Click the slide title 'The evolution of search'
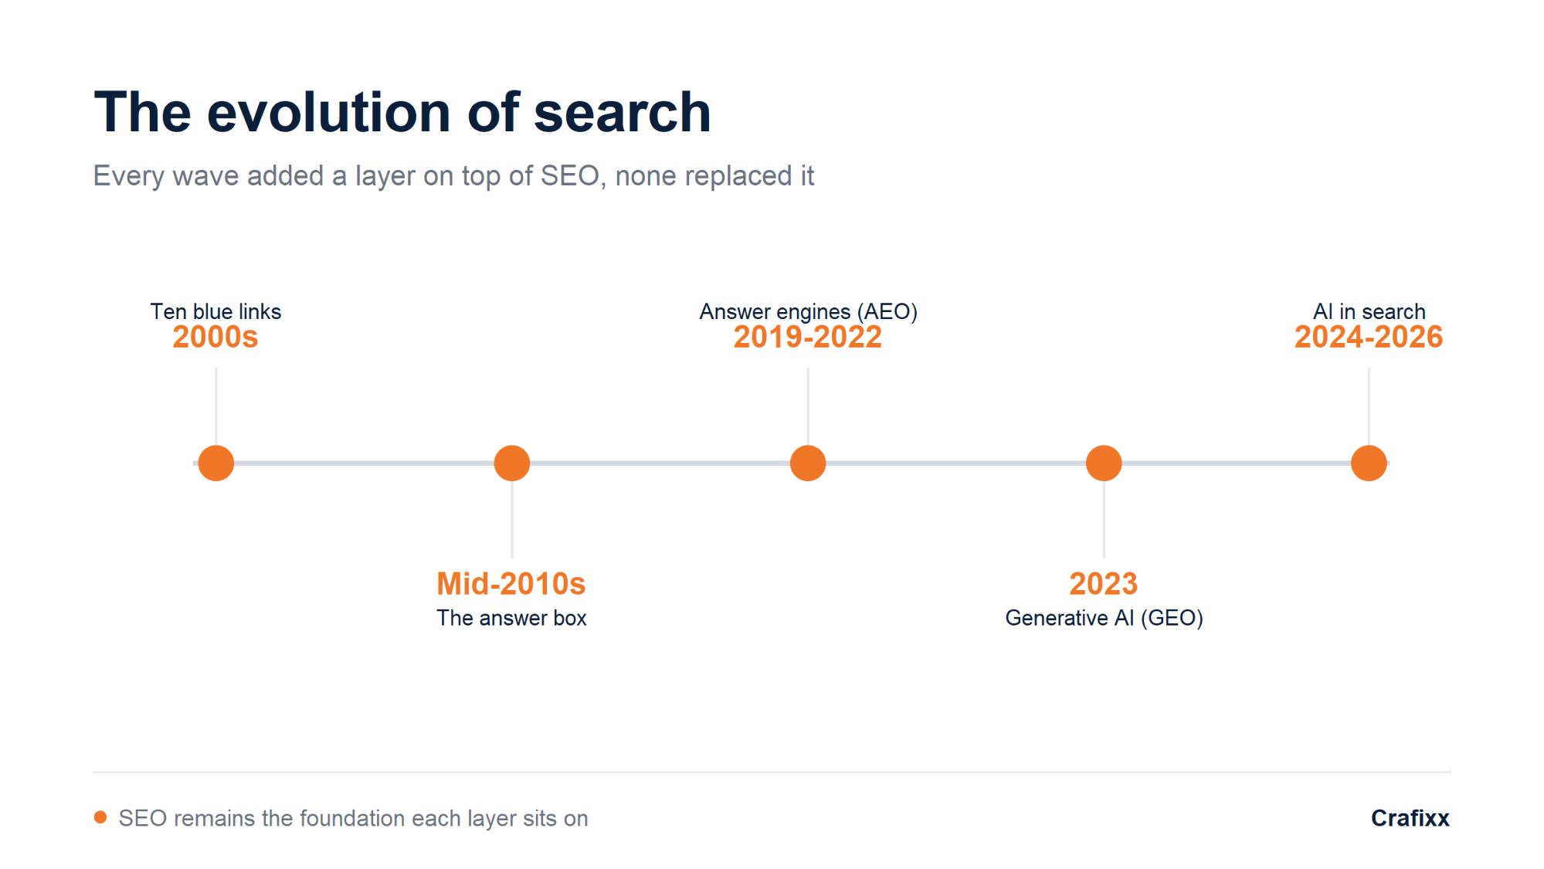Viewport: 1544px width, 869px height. point(402,112)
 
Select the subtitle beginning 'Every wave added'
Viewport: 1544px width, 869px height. point(453,176)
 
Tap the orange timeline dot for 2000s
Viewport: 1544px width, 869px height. point(216,463)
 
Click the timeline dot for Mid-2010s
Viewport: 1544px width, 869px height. point(512,463)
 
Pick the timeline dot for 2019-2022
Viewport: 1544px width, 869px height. point(808,463)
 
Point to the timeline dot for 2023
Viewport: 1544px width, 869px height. point(1104,463)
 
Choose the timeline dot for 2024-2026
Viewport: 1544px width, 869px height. point(1369,463)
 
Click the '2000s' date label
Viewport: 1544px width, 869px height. point(215,338)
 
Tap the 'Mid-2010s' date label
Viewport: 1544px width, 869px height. point(511,584)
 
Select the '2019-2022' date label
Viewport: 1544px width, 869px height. point(808,338)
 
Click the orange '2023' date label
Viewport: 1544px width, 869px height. point(1104,584)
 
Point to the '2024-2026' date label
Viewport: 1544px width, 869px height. point(1369,338)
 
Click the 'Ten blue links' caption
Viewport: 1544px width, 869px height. point(215,311)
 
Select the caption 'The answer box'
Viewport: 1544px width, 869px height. point(511,618)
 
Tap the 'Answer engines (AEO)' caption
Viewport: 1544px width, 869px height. point(808,311)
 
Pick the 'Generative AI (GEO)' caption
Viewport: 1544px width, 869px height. point(1104,618)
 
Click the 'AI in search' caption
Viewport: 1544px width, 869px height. point(1369,311)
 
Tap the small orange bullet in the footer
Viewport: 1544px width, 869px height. point(100,817)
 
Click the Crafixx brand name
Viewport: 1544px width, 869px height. point(1410,818)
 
